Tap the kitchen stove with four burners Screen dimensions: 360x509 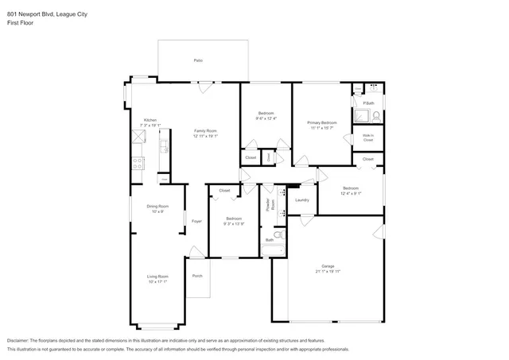pos(137,165)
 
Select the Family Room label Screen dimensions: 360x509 pos(204,130)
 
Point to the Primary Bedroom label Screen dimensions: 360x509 pos(322,122)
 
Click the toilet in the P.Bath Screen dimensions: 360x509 pos(375,116)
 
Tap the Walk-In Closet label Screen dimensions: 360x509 pos(367,137)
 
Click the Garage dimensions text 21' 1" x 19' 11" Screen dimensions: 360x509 pos(327,271)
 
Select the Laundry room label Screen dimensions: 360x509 pos(301,199)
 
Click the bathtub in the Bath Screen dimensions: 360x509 pos(272,251)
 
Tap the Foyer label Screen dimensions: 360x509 pos(196,221)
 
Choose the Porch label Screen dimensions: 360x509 pos(197,276)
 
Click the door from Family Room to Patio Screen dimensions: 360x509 pos(205,83)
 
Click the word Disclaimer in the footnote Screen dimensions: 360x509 pos(20,340)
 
